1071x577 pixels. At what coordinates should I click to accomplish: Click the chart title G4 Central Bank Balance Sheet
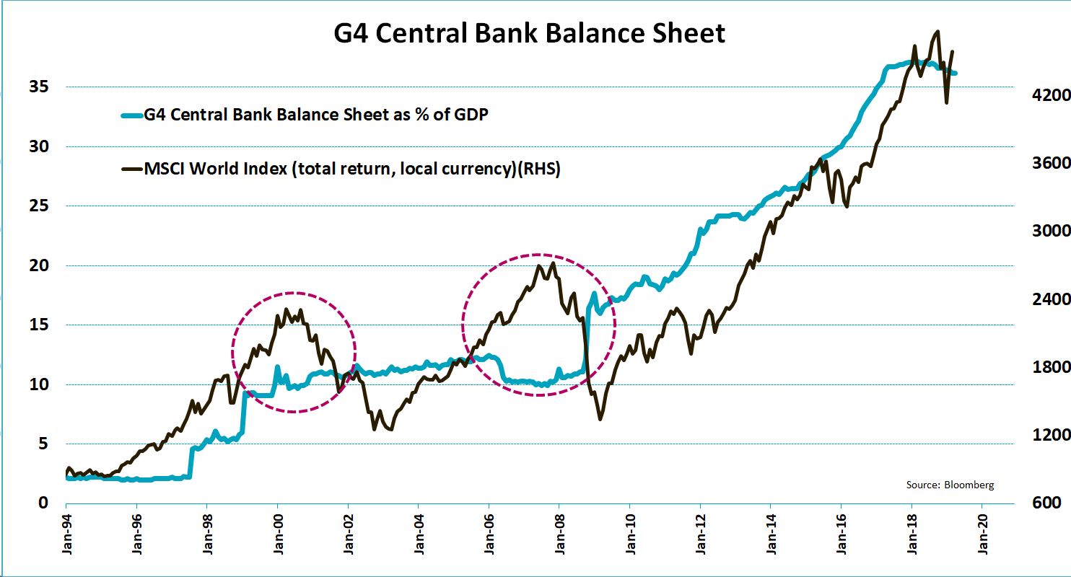pyautogui.click(x=529, y=33)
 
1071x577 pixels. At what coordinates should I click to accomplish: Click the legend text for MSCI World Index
pyautogui.click(x=352, y=169)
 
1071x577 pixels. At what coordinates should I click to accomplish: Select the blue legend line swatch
pyautogui.click(x=132, y=114)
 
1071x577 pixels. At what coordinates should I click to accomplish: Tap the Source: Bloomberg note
pyautogui.click(x=950, y=485)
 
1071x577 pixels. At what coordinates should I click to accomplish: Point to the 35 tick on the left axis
pyautogui.click(x=38, y=87)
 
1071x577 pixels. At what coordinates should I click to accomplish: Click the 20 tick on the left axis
pyautogui.click(x=38, y=266)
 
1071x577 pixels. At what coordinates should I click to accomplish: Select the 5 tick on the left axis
pyautogui.click(x=42, y=444)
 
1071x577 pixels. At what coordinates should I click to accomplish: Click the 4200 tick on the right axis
pyautogui.click(x=1041, y=95)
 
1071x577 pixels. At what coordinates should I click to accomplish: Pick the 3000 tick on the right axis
pyautogui.click(x=1041, y=232)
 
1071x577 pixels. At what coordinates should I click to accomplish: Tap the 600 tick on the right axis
pyautogui.click(x=1046, y=503)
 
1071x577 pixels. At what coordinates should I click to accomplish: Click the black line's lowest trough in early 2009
pyautogui.click(x=600, y=419)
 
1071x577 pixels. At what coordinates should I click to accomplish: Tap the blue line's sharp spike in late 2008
pyautogui.click(x=593, y=293)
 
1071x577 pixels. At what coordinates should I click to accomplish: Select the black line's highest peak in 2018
pyautogui.click(x=937, y=32)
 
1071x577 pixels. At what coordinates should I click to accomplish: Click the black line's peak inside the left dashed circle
pyautogui.click(x=286, y=309)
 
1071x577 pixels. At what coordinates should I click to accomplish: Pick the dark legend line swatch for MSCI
pyautogui.click(x=132, y=169)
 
